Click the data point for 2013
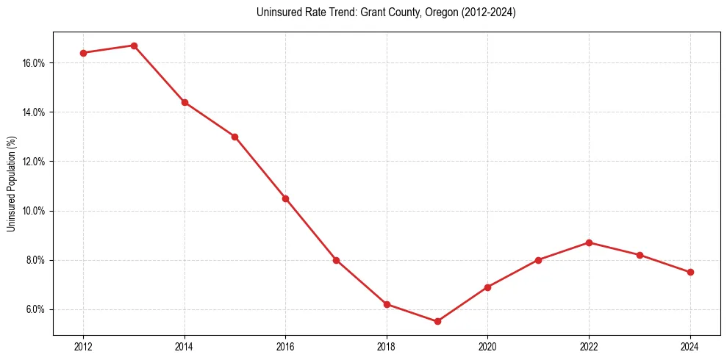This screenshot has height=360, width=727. [134, 46]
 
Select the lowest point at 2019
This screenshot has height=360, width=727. [437, 321]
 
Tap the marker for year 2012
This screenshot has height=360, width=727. [83, 53]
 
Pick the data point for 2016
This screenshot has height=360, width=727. [285, 198]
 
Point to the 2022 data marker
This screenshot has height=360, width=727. [589, 242]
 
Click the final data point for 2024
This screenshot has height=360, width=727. [690, 272]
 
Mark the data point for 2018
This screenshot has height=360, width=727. [387, 304]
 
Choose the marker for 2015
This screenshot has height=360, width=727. [234, 137]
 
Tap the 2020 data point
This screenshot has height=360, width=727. [487, 287]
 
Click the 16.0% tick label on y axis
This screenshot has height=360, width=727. [34, 63]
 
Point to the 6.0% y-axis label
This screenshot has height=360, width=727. [35, 309]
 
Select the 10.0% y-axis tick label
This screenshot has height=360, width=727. [34, 211]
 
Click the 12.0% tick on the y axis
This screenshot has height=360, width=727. [34, 162]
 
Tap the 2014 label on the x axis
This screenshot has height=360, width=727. [185, 345]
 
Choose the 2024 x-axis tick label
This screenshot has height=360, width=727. [690, 345]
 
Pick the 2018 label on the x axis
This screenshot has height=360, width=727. [387, 345]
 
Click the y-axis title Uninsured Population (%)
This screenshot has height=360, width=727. [12, 184]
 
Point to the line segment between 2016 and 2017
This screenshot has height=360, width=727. [311, 229]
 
